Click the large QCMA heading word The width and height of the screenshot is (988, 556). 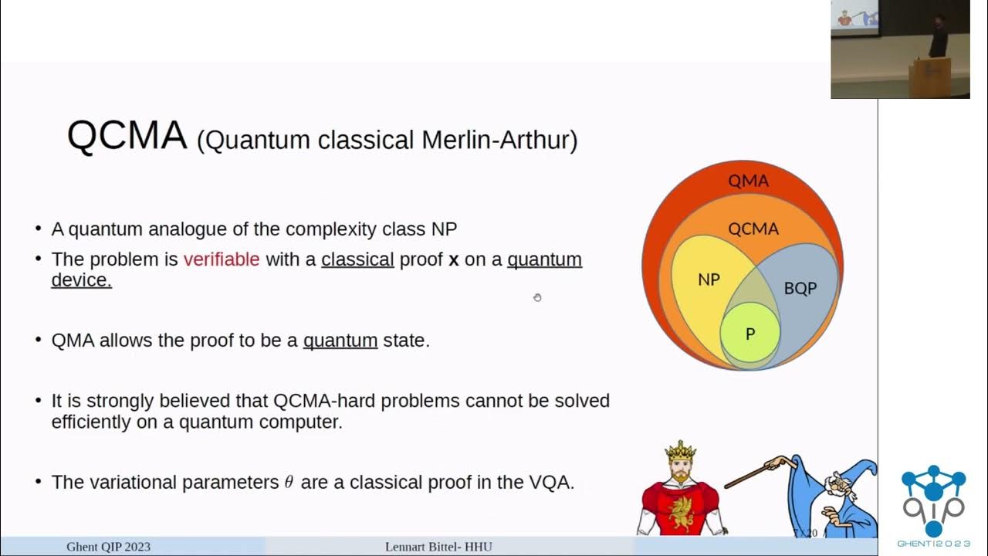(x=127, y=136)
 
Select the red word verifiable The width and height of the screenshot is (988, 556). (x=222, y=259)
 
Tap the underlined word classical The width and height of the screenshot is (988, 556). (x=357, y=259)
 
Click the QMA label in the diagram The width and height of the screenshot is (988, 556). (x=748, y=181)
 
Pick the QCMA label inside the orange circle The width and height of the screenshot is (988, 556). (x=753, y=229)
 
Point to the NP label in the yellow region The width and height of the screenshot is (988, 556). (x=709, y=280)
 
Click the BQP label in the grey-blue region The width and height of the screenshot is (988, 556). (x=800, y=288)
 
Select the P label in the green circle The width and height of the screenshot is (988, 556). (x=749, y=334)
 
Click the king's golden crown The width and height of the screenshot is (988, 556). (x=680, y=450)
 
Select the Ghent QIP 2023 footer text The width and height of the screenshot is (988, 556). (x=108, y=547)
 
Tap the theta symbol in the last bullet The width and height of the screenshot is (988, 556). (x=289, y=483)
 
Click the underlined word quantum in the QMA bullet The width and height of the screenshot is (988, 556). (x=340, y=341)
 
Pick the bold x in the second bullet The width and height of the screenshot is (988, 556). (x=454, y=260)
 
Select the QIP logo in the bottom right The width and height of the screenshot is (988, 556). (x=933, y=502)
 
